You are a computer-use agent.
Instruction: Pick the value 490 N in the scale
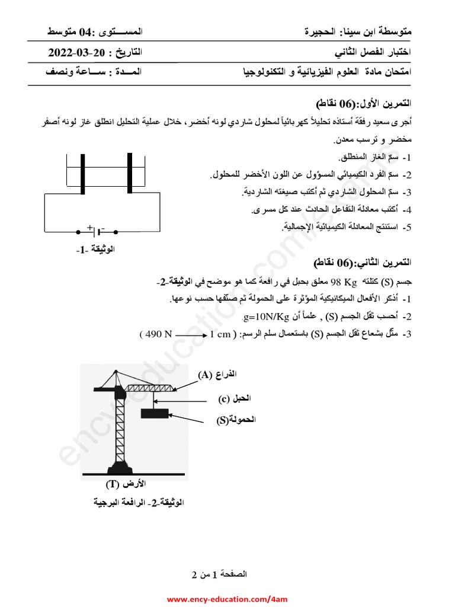pyautogui.click(x=156, y=334)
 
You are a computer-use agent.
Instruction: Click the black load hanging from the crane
pyautogui.click(x=155, y=414)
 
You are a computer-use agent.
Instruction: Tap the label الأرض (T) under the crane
pyautogui.click(x=126, y=485)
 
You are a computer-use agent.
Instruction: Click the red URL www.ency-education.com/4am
pyautogui.click(x=227, y=599)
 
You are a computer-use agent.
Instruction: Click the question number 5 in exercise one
pyautogui.click(x=406, y=227)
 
